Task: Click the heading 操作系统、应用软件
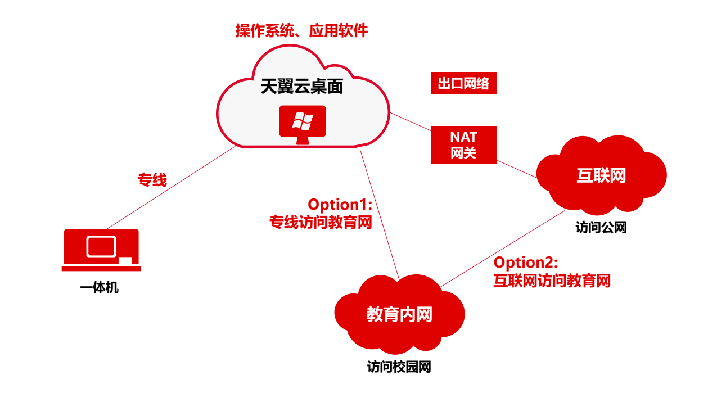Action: click(301, 30)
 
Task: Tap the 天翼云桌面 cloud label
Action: click(301, 85)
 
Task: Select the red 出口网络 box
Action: click(463, 84)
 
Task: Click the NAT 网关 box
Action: click(463, 144)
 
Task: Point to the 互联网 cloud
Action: click(601, 177)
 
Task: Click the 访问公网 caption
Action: click(601, 228)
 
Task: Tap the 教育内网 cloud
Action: click(399, 314)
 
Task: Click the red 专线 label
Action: click(152, 180)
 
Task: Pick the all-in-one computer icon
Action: click(101, 249)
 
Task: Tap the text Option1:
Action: click(340, 205)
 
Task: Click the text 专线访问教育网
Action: click(321, 223)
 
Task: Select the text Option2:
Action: click(525, 262)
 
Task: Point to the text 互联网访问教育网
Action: click(552, 280)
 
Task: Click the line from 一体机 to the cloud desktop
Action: click(169, 188)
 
